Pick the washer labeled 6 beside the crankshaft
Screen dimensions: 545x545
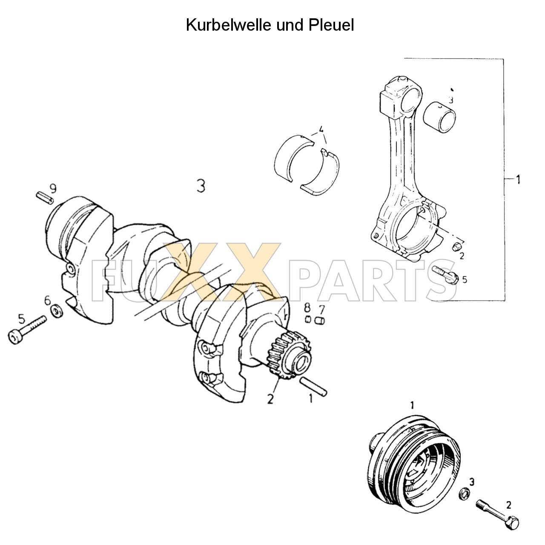coord(55,312)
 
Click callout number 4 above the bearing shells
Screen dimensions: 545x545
coord(321,129)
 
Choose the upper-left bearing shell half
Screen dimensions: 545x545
coord(294,158)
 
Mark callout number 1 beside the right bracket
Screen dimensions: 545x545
coord(518,180)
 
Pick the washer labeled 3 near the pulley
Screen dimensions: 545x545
coord(465,494)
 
